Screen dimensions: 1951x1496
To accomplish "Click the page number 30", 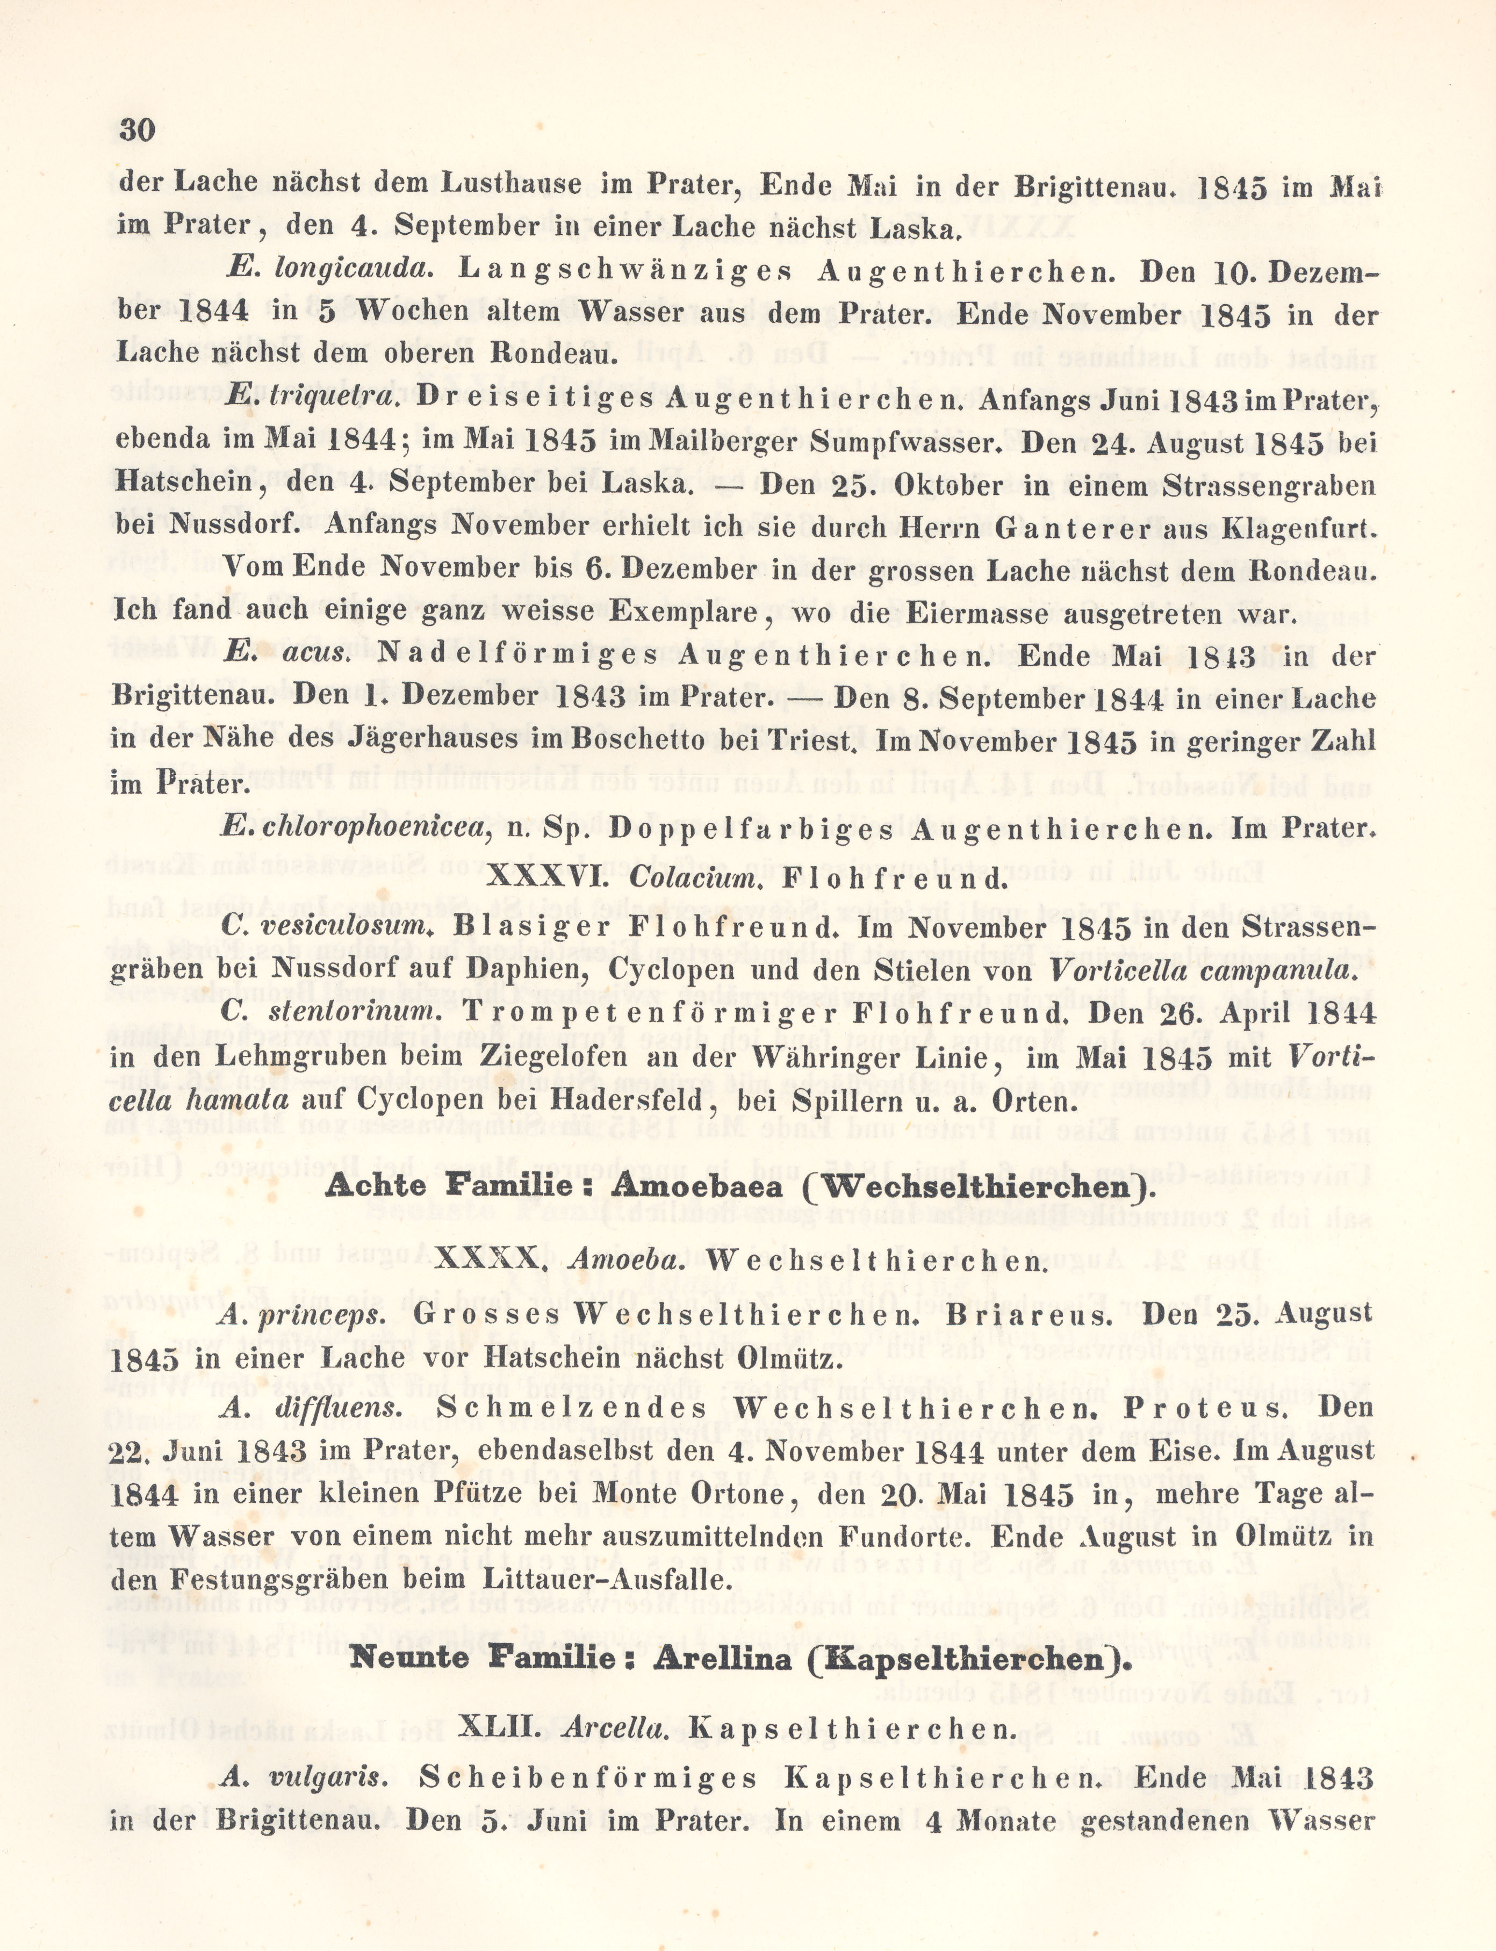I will (137, 131).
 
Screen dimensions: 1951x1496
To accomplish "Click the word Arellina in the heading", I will (718, 1659).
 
